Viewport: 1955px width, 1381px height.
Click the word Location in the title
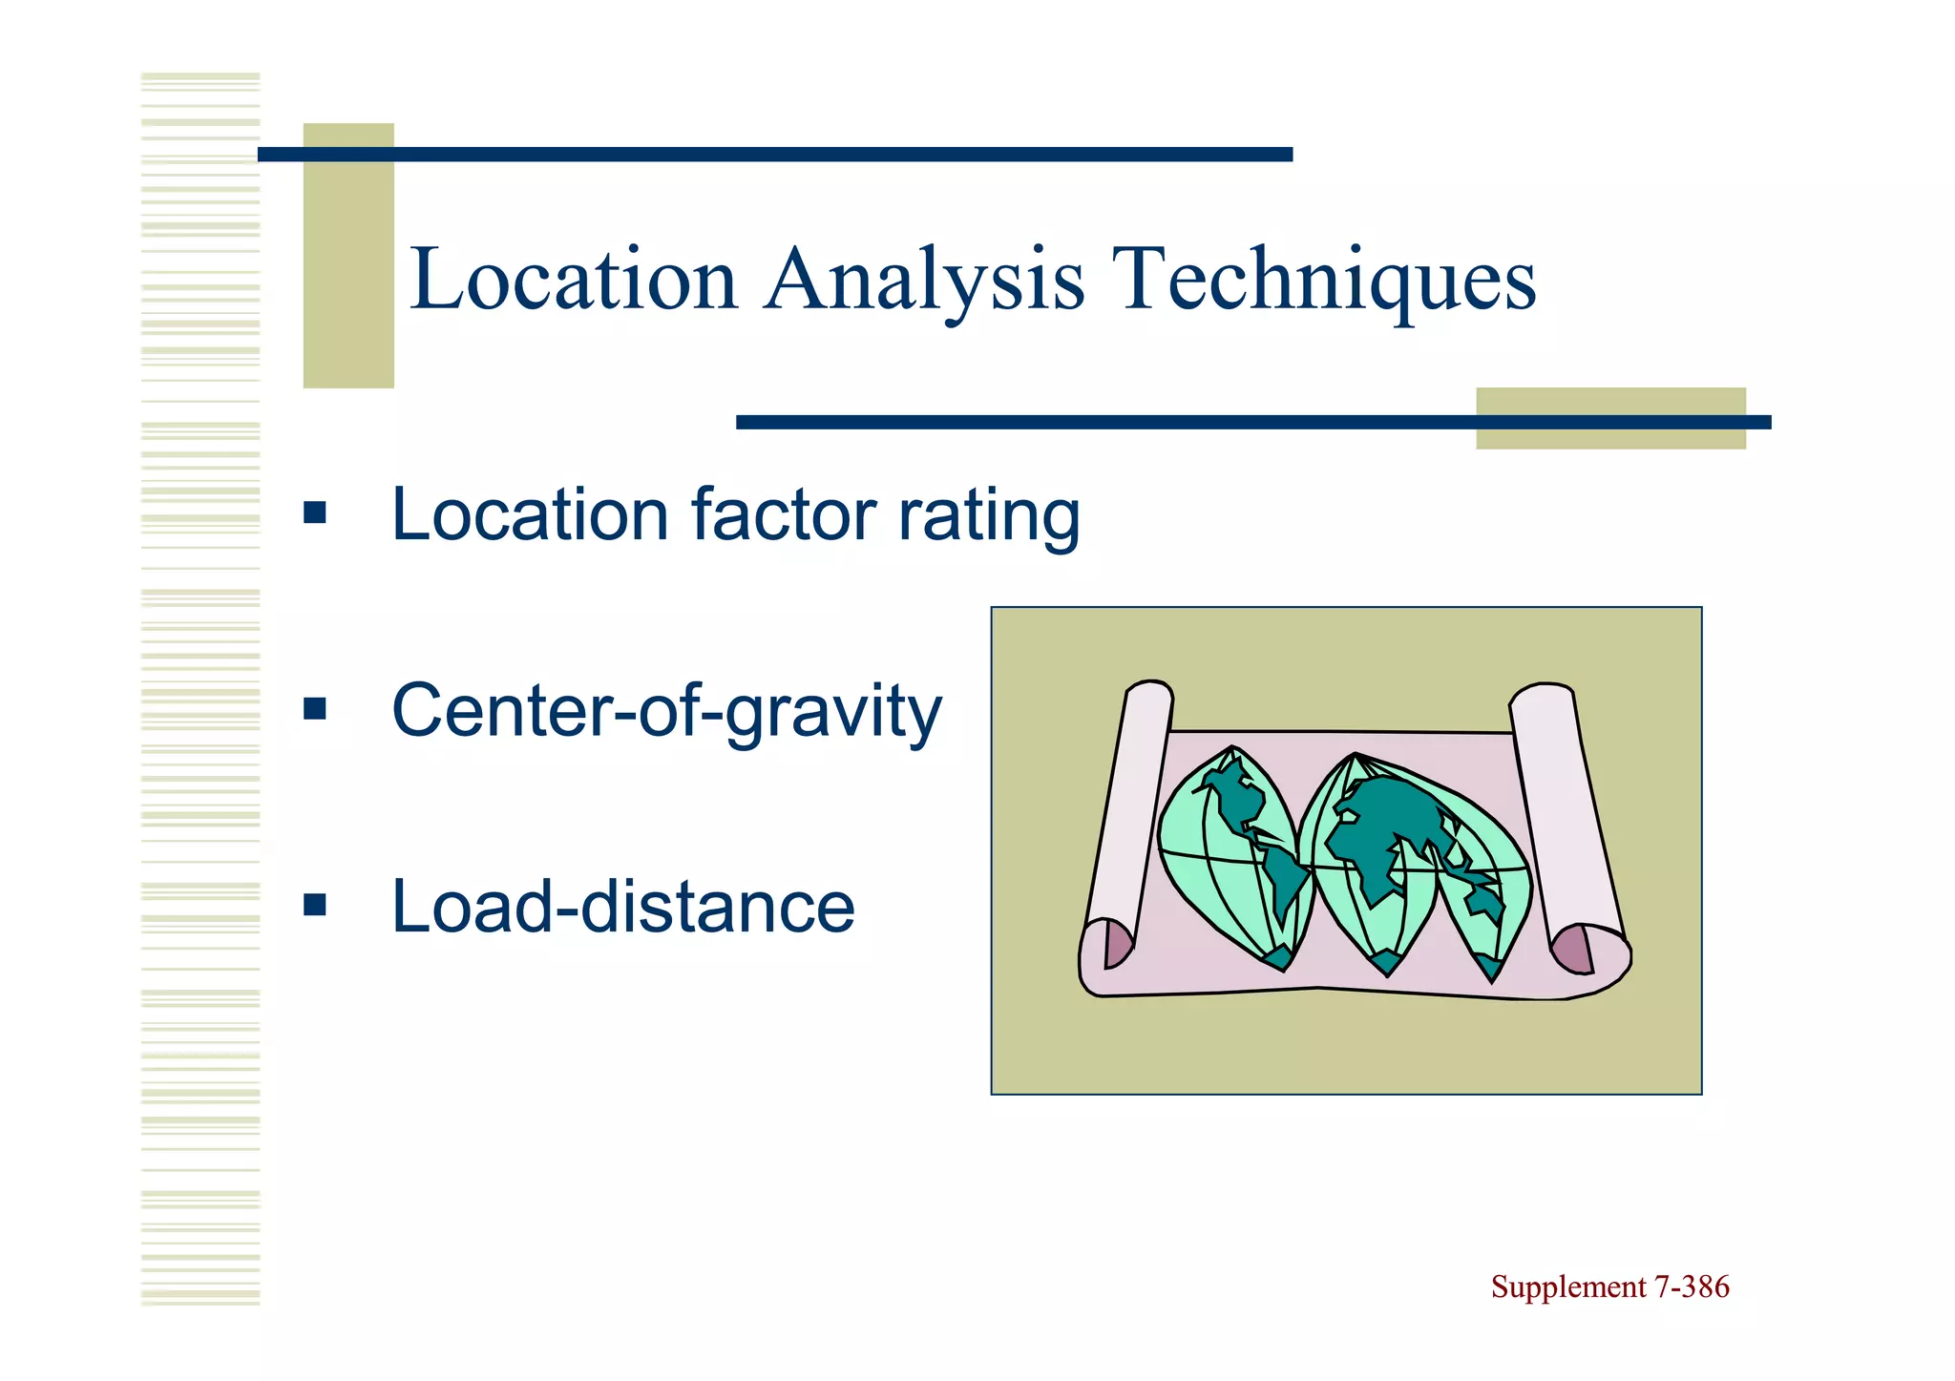(x=573, y=279)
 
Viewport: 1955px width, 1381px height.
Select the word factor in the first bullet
(x=783, y=514)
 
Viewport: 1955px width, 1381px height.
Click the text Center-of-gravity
(x=666, y=711)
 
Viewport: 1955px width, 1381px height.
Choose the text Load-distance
(x=622, y=907)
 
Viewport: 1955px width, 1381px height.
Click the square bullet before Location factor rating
(x=314, y=514)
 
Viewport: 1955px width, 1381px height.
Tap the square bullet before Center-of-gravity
(x=314, y=709)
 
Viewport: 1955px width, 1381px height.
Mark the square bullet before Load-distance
(x=314, y=904)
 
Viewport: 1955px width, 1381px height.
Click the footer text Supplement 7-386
(x=1609, y=1287)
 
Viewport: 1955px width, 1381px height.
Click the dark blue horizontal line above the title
(x=774, y=155)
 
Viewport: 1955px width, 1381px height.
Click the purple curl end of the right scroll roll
(x=1573, y=951)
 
